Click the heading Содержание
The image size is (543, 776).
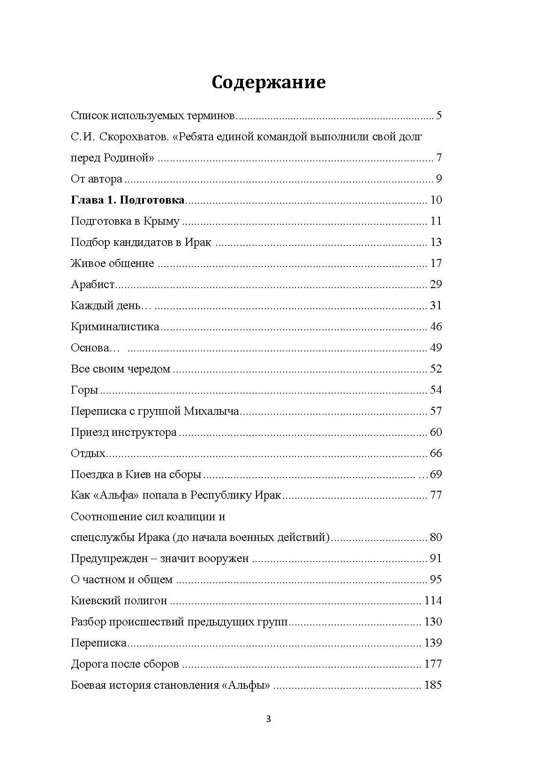(x=268, y=82)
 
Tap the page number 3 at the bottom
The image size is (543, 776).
(x=268, y=719)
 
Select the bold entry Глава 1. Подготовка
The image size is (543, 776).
(x=128, y=200)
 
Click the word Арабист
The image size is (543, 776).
(x=93, y=284)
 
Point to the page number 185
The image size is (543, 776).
(x=433, y=685)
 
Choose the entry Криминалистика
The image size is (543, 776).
(x=115, y=327)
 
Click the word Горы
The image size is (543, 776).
(x=84, y=390)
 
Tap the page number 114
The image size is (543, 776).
(x=433, y=601)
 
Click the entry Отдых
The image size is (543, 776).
(x=88, y=453)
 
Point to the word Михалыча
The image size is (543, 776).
(x=211, y=411)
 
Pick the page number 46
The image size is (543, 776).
(x=436, y=327)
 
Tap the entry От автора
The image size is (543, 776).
(x=97, y=179)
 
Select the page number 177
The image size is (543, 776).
(x=433, y=664)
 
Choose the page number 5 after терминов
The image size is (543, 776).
(x=439, y=115)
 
